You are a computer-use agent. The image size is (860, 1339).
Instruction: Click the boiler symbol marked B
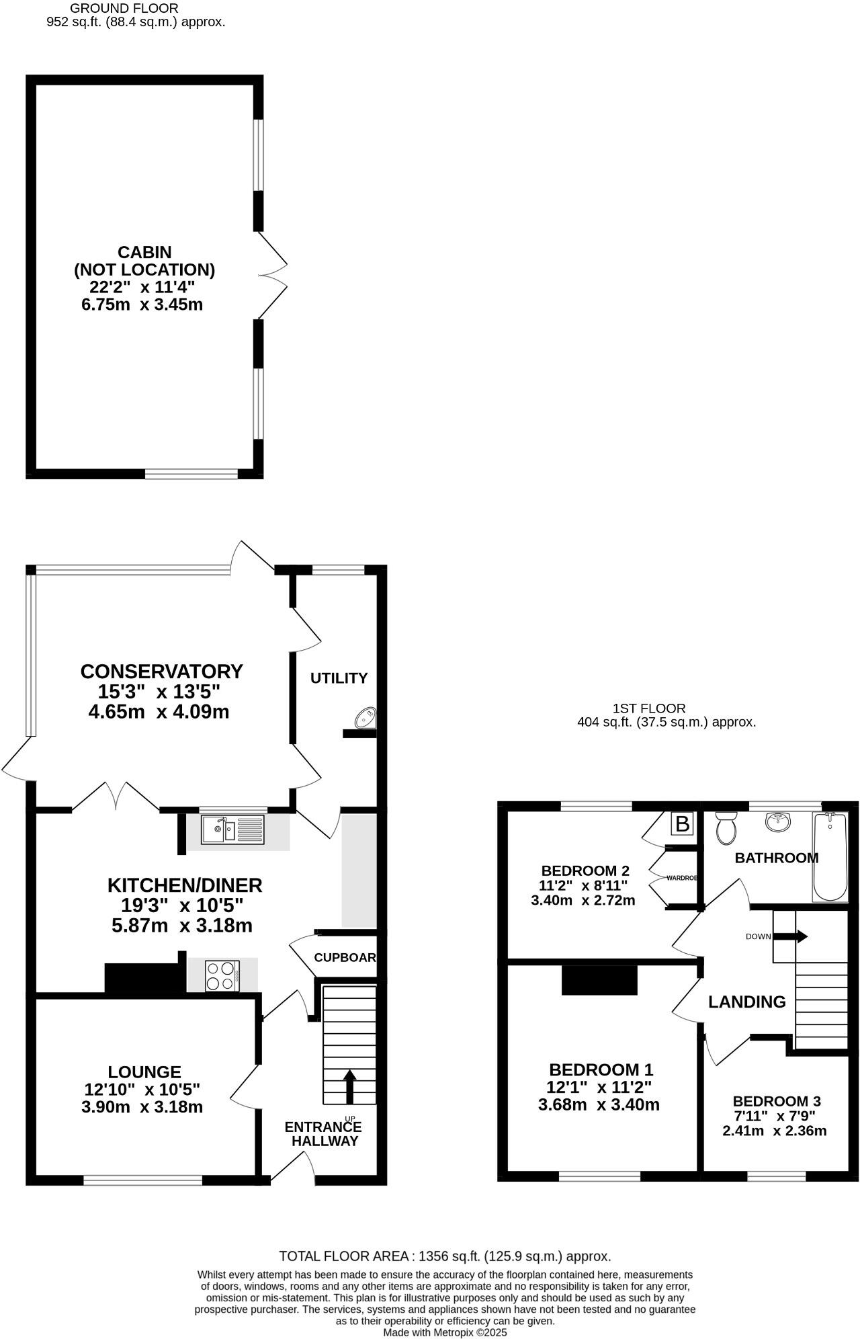(682, 823)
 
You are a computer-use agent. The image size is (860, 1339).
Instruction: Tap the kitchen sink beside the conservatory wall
(233, 830)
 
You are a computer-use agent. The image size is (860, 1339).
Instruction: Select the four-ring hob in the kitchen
(222, 975)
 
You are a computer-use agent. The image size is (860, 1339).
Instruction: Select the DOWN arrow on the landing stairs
(800, 936)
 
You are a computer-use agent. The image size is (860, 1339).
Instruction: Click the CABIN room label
(144, 252)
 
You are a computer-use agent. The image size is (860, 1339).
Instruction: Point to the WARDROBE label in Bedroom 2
(681, 878)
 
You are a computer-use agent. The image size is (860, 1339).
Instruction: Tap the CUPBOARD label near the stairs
(345, 957)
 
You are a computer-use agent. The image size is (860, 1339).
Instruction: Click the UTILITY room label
(339, 678)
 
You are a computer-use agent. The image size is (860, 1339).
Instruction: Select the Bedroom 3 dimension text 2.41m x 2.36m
(774, 1131)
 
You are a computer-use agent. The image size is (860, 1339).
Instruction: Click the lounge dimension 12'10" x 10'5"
(143, 1088)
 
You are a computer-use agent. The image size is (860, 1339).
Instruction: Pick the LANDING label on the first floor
(746, 1002)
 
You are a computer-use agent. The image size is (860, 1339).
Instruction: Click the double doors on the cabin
(272, 276)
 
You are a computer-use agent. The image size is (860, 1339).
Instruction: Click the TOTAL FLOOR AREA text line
(445, 1256)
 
